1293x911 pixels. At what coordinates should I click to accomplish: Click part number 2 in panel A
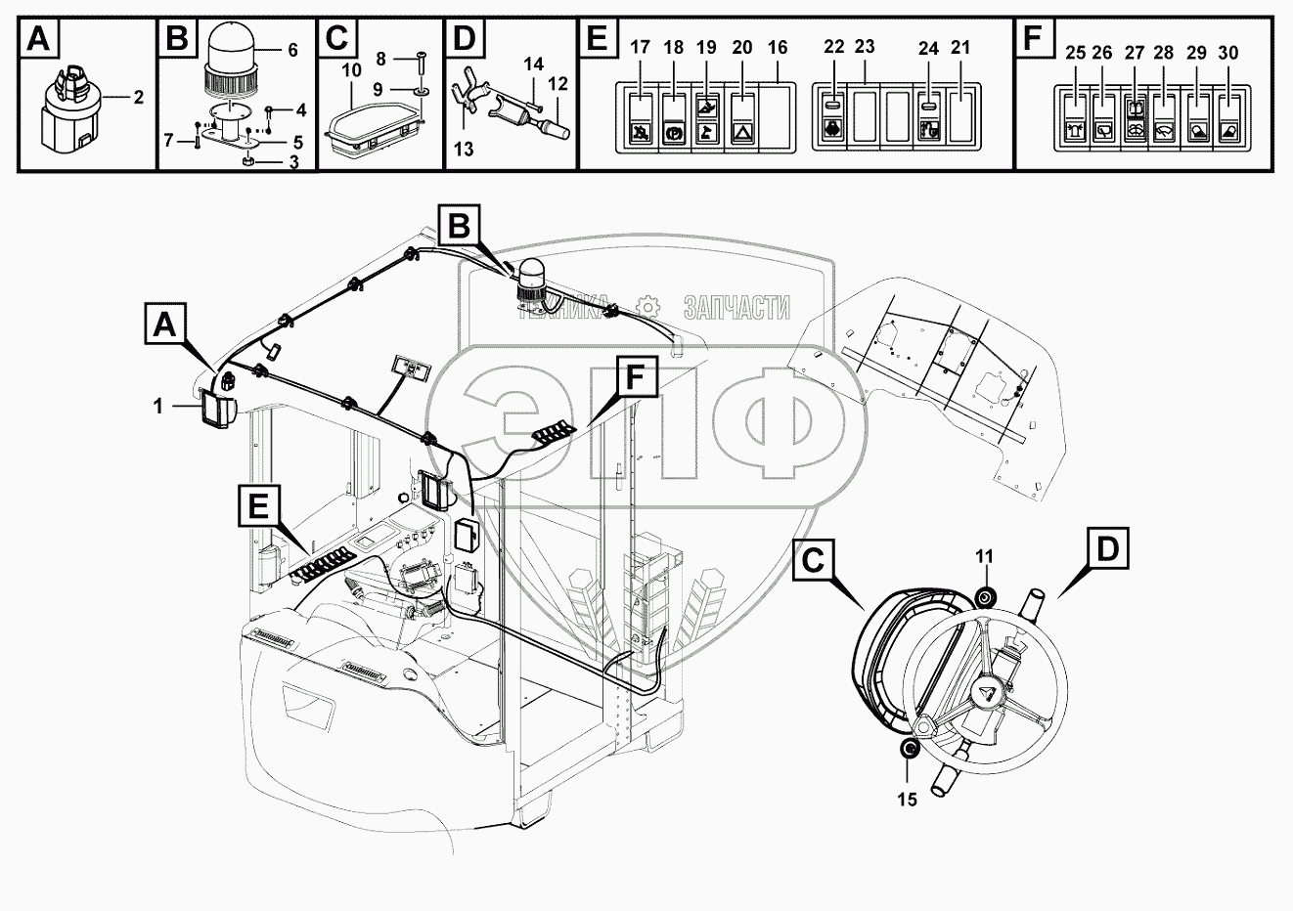[x=138, y=97]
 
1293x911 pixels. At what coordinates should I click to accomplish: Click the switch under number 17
[x=641, y=118]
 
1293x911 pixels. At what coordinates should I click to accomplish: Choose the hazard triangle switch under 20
[x=742, y=118]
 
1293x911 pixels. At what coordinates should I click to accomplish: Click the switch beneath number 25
[x=1075, y=119]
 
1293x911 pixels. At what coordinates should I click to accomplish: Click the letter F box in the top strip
[x=1032, y=40]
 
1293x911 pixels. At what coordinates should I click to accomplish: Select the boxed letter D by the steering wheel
[x=1108, y=548]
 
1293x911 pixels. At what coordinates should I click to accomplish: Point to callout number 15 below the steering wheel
[x=907, y=799]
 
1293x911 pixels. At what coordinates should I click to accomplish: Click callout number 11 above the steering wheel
[x=984, y=556]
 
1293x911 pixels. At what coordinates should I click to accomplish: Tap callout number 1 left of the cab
[x=158, y=405]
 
